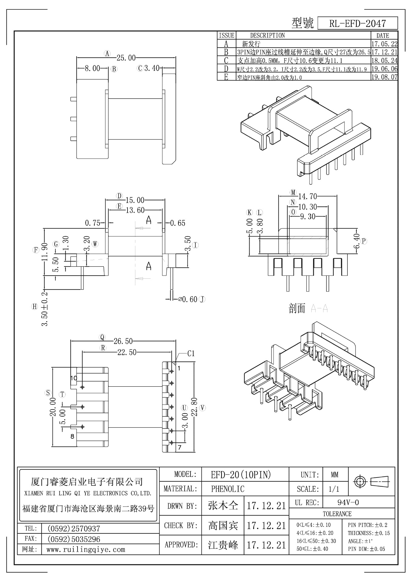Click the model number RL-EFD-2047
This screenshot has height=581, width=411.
pos(357,23)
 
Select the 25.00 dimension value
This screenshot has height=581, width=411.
pos(126,57)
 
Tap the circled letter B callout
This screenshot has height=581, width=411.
pos(114,69)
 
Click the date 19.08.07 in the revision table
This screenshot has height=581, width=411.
pos(384,77)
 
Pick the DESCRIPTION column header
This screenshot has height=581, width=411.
pos(267,35)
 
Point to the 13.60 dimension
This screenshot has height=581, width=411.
pos(135,210)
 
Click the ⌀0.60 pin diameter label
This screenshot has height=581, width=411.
pos(188,299)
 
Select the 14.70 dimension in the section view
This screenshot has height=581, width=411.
pos(307,196)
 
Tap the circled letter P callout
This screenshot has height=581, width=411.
pos(364,241)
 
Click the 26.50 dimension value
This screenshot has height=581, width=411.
pos(123,341)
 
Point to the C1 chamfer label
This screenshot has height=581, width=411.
pos(191,353)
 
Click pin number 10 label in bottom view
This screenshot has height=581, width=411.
pos(74,378)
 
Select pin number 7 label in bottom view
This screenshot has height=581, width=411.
pos(179,447)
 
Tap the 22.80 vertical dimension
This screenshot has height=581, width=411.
pos(194,407)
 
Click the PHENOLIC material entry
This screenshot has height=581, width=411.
pos(227,489)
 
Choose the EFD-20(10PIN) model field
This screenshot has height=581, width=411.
pos(241,474)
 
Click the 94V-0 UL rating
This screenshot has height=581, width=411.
pos(348,503)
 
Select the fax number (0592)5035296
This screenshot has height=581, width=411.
pos(74,539)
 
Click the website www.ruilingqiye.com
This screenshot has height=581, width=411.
pos(85,549)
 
